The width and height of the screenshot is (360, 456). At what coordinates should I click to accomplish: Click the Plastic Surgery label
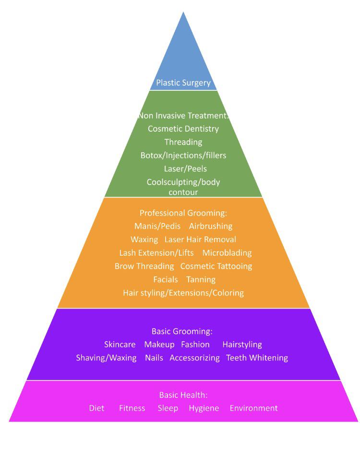point(183,83)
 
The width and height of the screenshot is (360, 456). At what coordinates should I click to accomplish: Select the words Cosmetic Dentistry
point(183,129)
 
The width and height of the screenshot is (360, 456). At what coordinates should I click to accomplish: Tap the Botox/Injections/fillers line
point(183,156)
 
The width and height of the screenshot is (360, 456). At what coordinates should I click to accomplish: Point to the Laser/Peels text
point(183,169)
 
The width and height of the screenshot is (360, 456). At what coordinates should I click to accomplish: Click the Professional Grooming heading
point(183,212)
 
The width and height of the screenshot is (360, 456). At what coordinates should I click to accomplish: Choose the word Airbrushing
point(210,226)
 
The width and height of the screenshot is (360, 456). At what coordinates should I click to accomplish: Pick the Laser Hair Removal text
point(200,239)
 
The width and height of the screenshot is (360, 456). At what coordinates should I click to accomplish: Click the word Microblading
point(227,253)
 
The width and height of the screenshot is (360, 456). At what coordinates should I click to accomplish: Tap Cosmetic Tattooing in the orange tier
point(216,266)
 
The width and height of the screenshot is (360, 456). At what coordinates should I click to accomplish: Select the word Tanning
point(201,280)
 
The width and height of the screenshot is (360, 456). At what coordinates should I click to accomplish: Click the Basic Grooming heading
point(182,331)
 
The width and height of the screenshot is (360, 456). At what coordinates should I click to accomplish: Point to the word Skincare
point(120,345)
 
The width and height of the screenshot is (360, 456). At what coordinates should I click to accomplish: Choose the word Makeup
point(159,345)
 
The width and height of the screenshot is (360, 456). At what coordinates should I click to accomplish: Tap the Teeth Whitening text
point(257,358)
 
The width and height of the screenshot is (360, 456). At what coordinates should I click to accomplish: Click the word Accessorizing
point(194,358)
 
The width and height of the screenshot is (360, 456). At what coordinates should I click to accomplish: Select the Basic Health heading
point(183,395)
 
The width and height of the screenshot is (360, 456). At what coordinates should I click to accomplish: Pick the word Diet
point(96,408)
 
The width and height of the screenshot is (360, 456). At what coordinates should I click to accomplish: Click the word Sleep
point(168,408)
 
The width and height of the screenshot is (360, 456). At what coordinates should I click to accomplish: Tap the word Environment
point(253,408)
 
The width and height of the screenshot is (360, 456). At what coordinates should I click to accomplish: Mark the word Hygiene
point(204,408)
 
